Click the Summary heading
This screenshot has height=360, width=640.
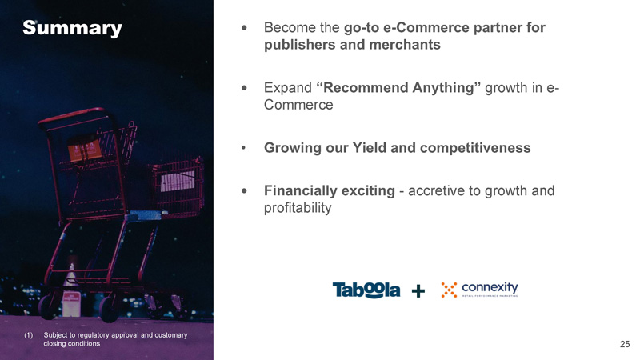72,28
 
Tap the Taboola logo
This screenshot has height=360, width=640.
366,290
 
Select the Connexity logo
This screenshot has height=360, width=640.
479,290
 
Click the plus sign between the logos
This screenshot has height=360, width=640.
418,291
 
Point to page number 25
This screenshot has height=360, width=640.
625,344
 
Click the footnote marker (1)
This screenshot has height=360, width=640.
28,335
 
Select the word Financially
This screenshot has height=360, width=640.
330,190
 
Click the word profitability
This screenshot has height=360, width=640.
298,208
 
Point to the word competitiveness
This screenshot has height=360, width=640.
475,147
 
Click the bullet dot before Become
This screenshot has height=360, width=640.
244,28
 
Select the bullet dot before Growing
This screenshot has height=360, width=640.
244,148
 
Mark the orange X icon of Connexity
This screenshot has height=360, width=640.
449,290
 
